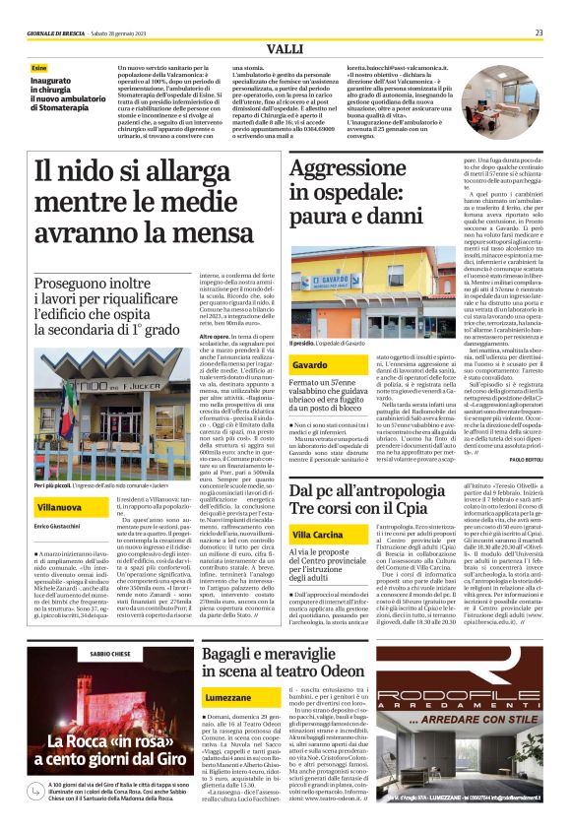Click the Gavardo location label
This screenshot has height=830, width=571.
(x=309, y=364)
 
